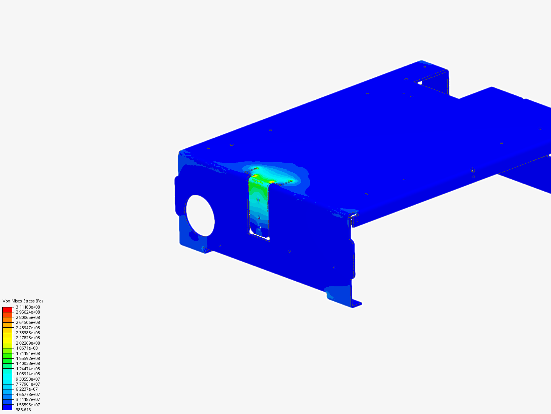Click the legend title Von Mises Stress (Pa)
[x=23, y=301]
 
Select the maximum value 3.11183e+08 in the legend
[x=28, y=307]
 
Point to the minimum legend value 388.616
[x=23, y=410]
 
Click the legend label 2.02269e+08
[x=28, y=343]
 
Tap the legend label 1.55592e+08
[x=28, y=358]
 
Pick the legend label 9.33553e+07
[x=28, y=379]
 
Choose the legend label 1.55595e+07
[x=28, y=405]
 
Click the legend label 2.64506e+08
[x=28, y=322]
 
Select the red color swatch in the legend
[x=7, y=309]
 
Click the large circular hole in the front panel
[x=200, y=215]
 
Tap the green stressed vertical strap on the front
[x=259, y=203]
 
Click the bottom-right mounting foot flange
[x=356, y=304]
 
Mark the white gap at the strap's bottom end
[x=253, y=231]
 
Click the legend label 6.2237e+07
[x=27, y=389]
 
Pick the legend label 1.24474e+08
[x=28, y=369]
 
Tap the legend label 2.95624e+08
[x=28, y=312]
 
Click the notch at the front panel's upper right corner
[x=354, y=219]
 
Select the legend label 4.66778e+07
[x=28, y=394]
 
